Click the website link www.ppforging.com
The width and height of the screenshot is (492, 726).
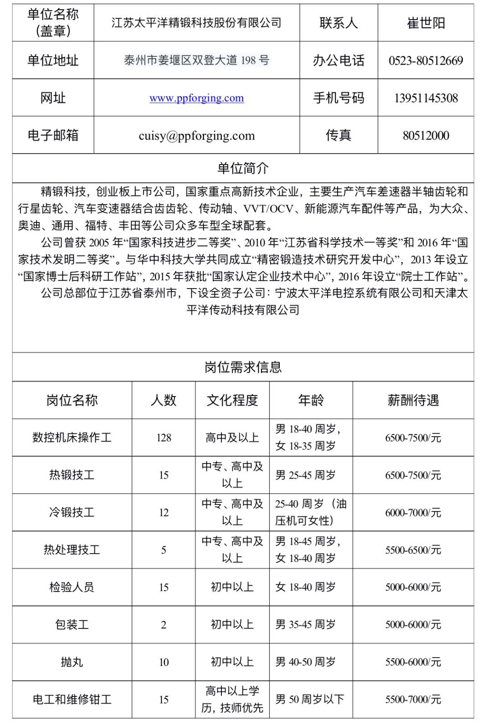tap(196, 98)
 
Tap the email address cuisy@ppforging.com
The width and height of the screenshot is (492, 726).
tap(196, 135)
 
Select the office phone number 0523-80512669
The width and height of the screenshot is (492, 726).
tap(425, 61)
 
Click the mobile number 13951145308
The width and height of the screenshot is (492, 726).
tap(425, 98)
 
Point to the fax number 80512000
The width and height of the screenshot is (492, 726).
tap(425, 135)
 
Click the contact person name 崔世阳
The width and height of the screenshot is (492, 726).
tap(425, 23)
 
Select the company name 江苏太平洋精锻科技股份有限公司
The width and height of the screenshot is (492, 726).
tap(196, 23)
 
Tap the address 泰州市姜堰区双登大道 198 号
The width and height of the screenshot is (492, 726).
tap(196, 60)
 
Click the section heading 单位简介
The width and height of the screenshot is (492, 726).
tap(243, 168)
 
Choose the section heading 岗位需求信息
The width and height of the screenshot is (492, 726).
tap(243, 367)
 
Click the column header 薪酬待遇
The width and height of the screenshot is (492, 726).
tap(413, 400)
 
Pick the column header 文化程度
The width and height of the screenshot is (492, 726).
tap(232, 400)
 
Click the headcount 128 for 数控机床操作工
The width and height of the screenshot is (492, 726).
tap(164, 438)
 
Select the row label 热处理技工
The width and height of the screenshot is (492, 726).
tap(72, 550)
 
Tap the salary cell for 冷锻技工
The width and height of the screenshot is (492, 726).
tap(413, 513)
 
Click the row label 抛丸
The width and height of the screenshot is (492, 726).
tap(72, 662)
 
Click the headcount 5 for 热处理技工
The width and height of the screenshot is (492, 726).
tap(164, 550)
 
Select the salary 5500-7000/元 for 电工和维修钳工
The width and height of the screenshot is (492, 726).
tap(413, 700)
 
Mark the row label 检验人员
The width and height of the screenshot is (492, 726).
tap(72, 587)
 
